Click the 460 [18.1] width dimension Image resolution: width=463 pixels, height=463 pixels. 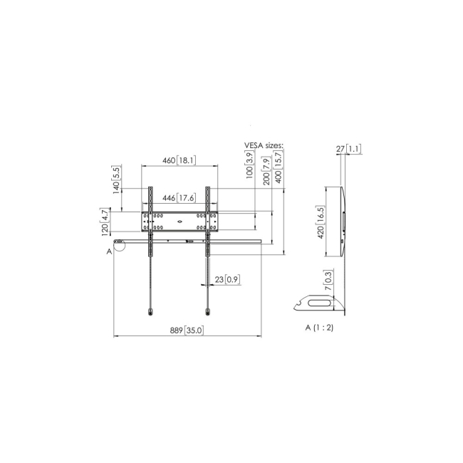pyautogui.click(x=179, y=160)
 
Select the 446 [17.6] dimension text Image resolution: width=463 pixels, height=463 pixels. pyautogui.click(x=179, y=198)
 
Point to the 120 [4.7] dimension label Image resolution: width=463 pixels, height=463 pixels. pyautogui.click(x=105, y=222)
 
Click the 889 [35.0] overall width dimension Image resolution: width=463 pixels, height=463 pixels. pyautogui.click(x=187, y=330)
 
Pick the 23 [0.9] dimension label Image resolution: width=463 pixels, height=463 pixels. pyautogui.click(x=227, y=279)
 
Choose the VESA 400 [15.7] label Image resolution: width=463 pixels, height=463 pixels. pyautogui.click(x=278, y=170)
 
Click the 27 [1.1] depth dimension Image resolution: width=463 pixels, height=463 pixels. pyautogui.click(x=349, y=149)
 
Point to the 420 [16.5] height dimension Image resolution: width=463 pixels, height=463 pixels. pyautogui.click(x=321, y=222)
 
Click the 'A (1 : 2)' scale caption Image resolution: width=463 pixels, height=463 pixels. pyautogui.click(x=321, y=328)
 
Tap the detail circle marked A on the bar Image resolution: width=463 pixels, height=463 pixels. pyautogui.click(x=119, y=246)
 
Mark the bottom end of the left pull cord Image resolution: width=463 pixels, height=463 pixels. pyautogui.click(x=149, y=311)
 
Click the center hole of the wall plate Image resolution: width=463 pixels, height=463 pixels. pyautogui.click(x=179, y=222)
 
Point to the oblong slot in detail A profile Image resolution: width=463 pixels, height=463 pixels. pyautogui.click(x=320, y=303)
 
